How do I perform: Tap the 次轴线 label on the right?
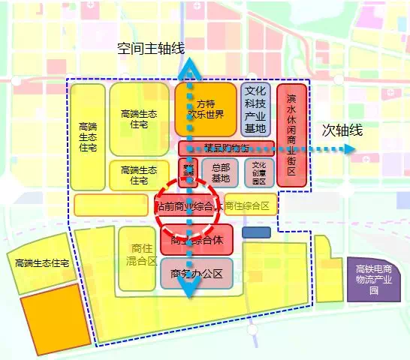click(342, 130)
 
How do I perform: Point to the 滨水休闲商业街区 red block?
click(291, 135)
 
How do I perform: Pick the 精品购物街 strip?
click(226, 148)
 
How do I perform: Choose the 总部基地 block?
click(220, 172)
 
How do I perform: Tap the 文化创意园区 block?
click(259, 172)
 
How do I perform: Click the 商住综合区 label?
click(251, 205)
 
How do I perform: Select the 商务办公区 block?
click(197, 274)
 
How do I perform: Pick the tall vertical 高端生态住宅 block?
click(88, 137)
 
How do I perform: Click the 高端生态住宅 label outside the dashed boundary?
click(42, 263)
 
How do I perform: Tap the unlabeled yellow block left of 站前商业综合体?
click(110, 205)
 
